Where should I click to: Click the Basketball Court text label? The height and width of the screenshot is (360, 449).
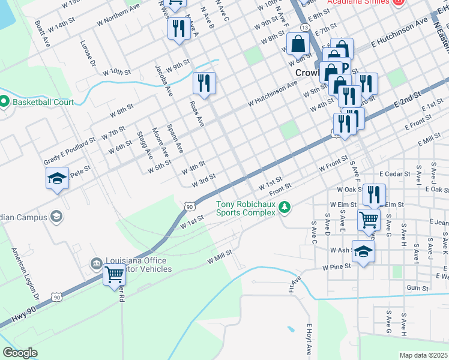43,102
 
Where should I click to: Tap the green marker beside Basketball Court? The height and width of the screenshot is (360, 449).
4,102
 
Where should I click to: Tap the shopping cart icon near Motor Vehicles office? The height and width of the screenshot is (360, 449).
114,275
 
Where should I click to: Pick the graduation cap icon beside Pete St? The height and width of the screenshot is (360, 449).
57,178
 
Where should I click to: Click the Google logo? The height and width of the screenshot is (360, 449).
20,353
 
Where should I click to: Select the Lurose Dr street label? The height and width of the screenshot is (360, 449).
88,53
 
